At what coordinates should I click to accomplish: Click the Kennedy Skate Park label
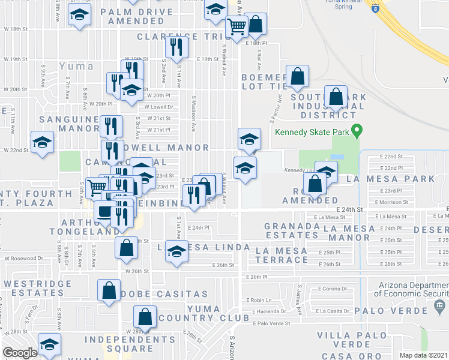310,133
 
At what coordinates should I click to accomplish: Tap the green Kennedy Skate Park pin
357,130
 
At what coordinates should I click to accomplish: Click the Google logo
20,353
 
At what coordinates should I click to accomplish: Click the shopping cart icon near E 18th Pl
237,26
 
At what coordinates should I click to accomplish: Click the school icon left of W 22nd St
42,143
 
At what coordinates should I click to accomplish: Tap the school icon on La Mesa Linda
176,251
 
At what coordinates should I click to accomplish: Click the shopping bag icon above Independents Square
145,316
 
